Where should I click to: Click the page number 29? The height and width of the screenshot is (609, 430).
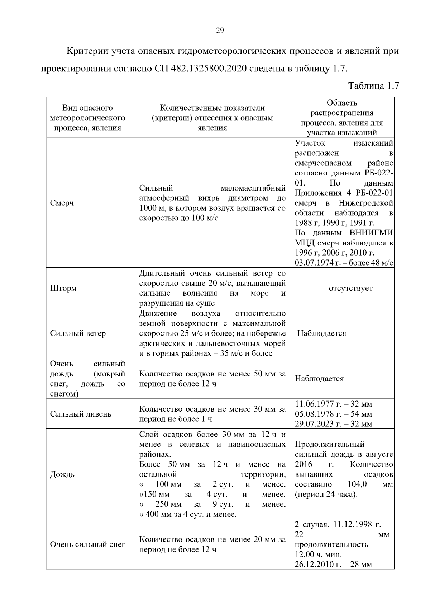coord(220,31)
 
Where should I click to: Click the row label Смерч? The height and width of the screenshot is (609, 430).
coord(62,203)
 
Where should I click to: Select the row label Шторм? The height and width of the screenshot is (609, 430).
coord(63,288)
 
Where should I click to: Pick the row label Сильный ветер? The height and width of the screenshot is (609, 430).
coord(78,333)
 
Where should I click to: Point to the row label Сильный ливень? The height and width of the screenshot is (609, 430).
coord(81,414)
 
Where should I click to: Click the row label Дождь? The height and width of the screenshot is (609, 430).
coord(62,474)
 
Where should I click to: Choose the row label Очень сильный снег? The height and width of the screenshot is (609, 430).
coord(87,544)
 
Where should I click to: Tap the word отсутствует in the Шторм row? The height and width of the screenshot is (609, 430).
coord(350,288)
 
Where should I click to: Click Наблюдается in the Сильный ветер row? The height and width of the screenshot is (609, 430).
coord(322,333)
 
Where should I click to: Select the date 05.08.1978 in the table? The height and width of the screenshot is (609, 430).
coord(311,414)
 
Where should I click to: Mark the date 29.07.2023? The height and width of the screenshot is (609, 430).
coord(311,424)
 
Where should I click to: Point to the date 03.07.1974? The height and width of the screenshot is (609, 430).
coord(311,263)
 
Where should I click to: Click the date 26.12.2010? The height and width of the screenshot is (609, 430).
coord(311,565)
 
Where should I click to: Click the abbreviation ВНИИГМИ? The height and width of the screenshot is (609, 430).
coord(371,233)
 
